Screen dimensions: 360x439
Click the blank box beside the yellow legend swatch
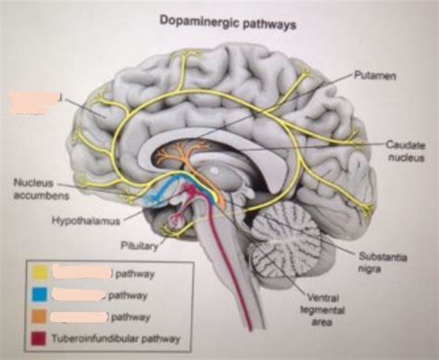(82, 274)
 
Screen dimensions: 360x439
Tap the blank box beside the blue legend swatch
(79, 295)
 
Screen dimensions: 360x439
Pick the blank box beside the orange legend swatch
(79, 317)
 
